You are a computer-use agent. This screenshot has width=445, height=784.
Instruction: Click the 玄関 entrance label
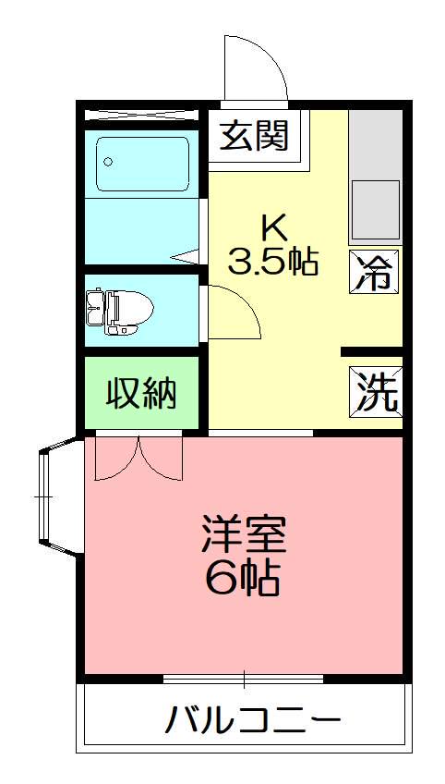coord(254,136)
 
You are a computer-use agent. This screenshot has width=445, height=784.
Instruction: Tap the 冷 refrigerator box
coord(375,272)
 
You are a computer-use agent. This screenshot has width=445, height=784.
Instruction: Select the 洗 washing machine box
coord(376,392)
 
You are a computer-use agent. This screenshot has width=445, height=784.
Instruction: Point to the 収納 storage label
coord(140,394)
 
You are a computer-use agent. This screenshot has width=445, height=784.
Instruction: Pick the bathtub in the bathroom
coord(143,165)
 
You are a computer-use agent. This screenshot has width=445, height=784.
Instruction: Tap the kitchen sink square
coord(376,208)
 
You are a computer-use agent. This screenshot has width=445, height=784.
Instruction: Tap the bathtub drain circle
coord(109,162)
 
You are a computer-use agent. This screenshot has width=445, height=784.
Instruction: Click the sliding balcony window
coord(244,680)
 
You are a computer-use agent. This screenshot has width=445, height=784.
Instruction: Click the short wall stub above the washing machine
coord(371,352)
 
